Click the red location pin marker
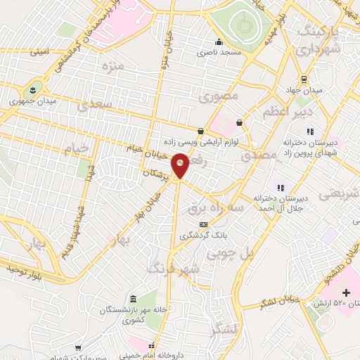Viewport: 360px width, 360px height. pyautogui.click(x=181, y=166)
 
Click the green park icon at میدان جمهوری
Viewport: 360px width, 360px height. pyautogui.click(x=31, y=89)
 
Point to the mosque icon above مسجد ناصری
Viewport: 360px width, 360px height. pyautogui.click(x=219, y=41)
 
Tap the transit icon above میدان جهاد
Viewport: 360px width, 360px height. pyautogui.click(x=304, y=79)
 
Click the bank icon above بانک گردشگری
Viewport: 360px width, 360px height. pyautogui.click(x=202, y=224)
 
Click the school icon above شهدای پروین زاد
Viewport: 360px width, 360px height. pyautogui.click(x=310, y=131)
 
